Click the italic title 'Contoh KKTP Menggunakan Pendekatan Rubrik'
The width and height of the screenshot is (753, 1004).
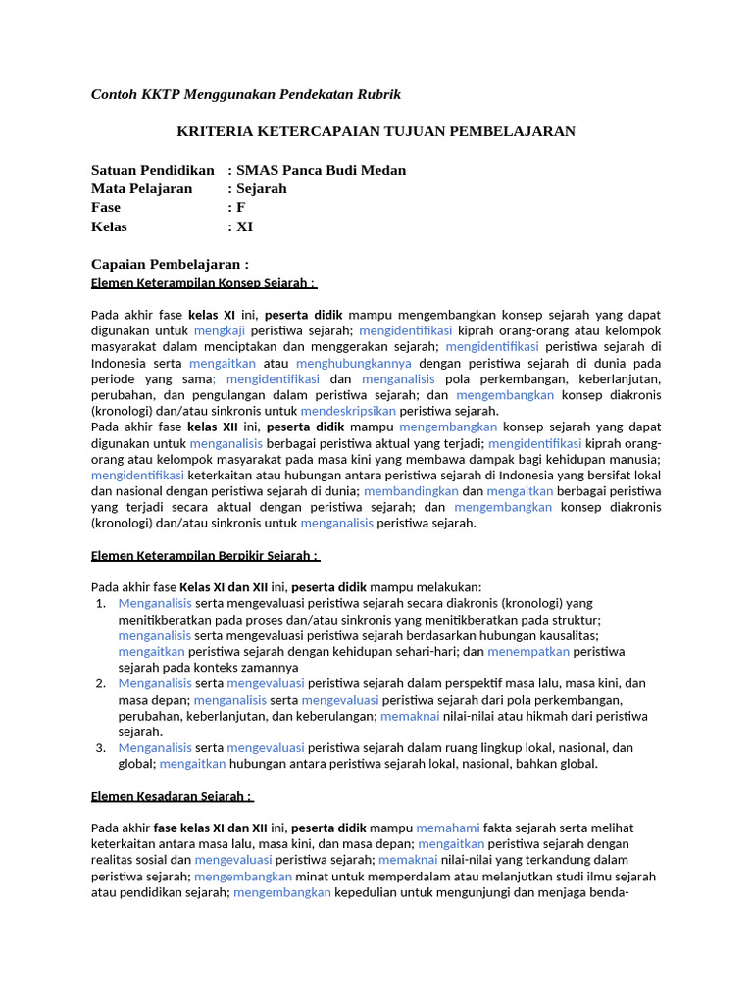[x=246, y=94]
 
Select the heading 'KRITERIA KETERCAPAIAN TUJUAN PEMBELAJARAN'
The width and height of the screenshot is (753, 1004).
[x=376, y=131]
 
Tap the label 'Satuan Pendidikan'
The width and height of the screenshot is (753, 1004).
[x=152, y=170]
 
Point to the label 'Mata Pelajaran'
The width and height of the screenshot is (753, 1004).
[x=141, y=188]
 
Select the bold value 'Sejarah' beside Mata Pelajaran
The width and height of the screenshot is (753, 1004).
[x=262, y=188]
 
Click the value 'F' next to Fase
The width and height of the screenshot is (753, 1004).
[x=241, y=208]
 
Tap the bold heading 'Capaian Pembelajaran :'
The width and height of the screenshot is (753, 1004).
[x=170, y=264]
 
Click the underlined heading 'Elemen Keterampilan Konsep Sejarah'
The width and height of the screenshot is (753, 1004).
[x=202, y=283]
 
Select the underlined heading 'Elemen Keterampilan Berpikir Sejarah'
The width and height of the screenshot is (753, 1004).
[x=204, y=556]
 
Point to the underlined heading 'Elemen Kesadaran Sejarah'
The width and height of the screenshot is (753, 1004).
[x=172, y=796]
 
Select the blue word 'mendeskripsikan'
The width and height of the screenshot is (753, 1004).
[x=348, y=411]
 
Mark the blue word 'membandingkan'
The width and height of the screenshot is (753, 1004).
[x=410, y=491]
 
